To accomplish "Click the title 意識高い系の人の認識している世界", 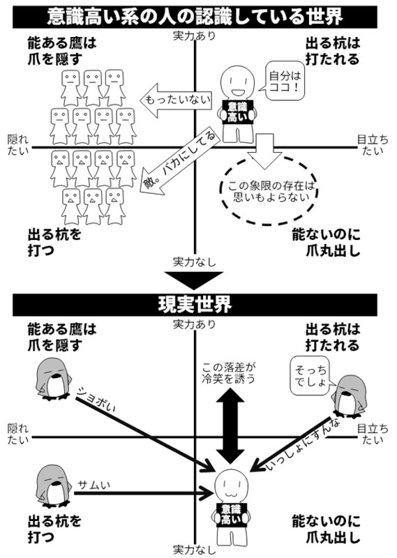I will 198,15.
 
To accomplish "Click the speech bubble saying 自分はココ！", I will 285,76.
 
